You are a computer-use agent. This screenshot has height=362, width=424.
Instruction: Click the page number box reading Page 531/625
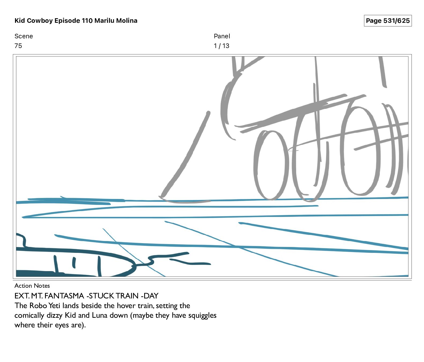(388, 21)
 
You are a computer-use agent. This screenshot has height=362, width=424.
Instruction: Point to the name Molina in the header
(127, 21)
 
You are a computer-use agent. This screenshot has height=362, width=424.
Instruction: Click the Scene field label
(24, 36)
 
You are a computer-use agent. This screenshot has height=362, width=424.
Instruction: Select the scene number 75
(18, 46)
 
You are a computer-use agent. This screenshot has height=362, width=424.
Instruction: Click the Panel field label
(222, 36)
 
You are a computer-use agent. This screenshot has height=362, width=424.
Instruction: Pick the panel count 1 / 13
(222, 46)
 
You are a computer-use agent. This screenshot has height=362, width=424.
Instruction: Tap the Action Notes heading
(32, 286)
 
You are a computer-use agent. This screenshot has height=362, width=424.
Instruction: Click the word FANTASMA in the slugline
(64, 296)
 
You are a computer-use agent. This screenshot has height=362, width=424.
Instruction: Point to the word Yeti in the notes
(54, 305)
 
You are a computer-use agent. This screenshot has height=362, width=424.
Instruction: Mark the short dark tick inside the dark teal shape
(74, 263)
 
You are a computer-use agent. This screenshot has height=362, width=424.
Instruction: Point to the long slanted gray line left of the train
(185, 155)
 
